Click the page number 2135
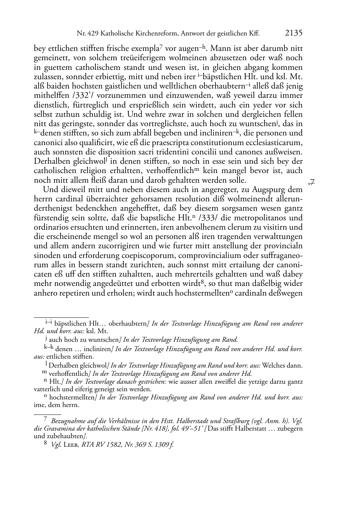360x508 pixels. pyautogui.click(x=294, y=33)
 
